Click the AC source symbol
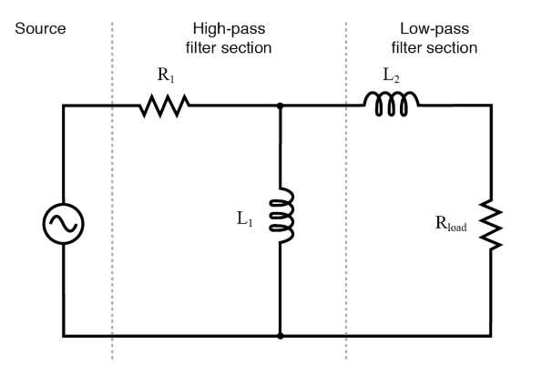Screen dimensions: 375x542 63,222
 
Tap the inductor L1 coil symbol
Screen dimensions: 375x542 282,216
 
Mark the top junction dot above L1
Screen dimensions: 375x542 280,106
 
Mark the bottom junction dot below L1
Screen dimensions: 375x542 280,336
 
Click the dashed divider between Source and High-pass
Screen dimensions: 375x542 112,182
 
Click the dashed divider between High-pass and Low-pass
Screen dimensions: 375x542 346,182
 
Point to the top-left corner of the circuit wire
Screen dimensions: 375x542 63,106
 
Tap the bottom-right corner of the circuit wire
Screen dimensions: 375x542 492,336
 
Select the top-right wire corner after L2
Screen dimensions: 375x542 492,106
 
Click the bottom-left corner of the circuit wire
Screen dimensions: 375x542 63,336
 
